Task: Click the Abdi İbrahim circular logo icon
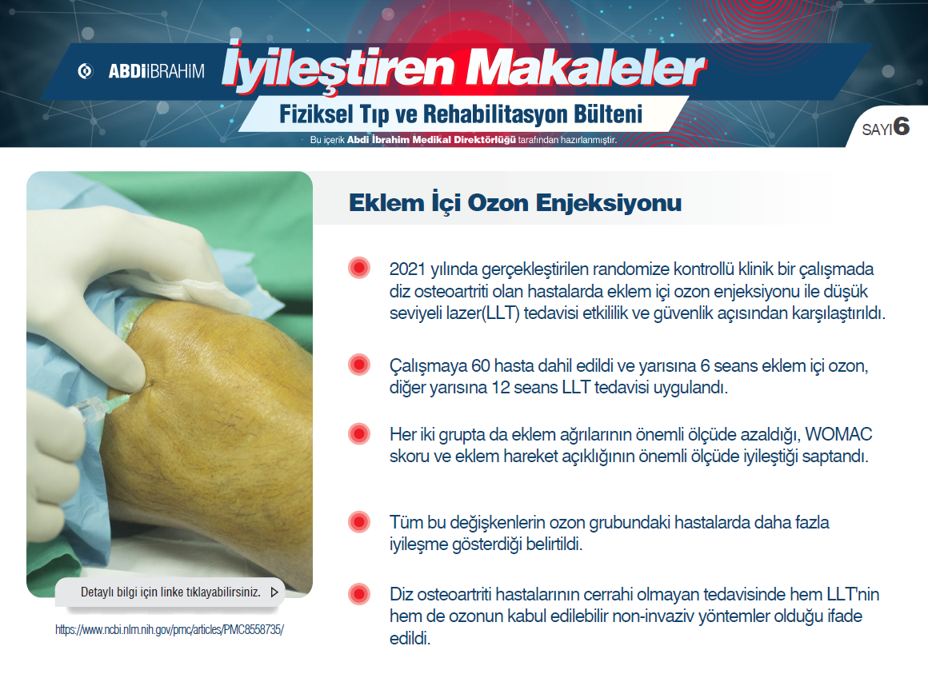(x=86, y=71)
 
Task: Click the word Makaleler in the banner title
(x=585, y=70)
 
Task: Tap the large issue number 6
(x=902, y=126)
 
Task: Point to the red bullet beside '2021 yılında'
(x=359, y=268)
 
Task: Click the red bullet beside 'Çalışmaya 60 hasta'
(x=359, y=365)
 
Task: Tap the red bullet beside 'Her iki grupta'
(x=359, y=434)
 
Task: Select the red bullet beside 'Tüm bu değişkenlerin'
(x=359, y=522)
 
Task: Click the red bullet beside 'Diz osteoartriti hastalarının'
(x=359, y=594)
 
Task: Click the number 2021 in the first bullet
(x=408, y=269)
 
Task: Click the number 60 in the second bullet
(x=480, y=366)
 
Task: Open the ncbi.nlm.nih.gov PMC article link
(x=170, y=630)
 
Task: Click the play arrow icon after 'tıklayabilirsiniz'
(x=274, y=592)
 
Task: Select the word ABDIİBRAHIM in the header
(x=156, y=71)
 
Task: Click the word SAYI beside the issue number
(x=877, y=130)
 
